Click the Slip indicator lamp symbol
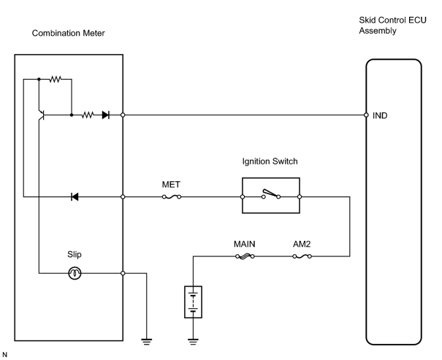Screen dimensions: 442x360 tap(75, 273)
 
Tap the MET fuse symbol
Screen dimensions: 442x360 tap(172, 197)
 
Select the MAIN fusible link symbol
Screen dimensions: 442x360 tap(245, 256)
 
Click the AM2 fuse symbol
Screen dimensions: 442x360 tap(302, 256)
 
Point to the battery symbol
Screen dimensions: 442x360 tap(193, 302)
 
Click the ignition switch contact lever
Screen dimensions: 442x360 tap(270, 193)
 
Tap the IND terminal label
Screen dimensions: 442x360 tap(380, 115)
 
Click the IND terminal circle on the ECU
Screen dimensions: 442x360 tap(366, 115)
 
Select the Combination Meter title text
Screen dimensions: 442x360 tap(68, 34)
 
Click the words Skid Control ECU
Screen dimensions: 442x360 tap(392, 20)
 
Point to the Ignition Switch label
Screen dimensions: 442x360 tap(270, 161)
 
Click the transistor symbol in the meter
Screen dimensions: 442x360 tap(42, 115)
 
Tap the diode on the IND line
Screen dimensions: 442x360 tap(106, 115)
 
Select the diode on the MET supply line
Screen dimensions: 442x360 tap(75, 197)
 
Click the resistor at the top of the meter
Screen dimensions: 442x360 tap(56, 79)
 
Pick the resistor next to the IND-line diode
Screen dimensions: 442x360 tap(88, 115)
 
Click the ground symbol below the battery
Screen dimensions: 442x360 tap(193, 342)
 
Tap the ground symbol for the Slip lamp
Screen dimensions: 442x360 tap(147, 342)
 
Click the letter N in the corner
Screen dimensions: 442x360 tap(4, 355)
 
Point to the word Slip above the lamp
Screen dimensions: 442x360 tap(75, 254)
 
